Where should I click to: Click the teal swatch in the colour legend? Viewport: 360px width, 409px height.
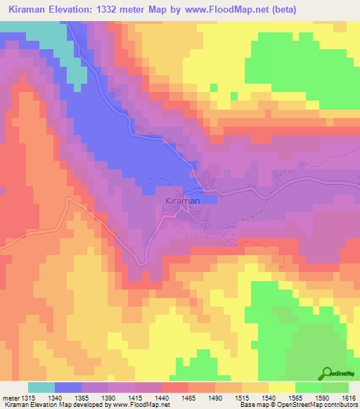(41, 387)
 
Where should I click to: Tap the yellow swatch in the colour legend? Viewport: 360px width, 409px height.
(281, 387)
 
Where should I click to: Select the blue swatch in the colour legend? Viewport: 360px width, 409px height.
(68, 387)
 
